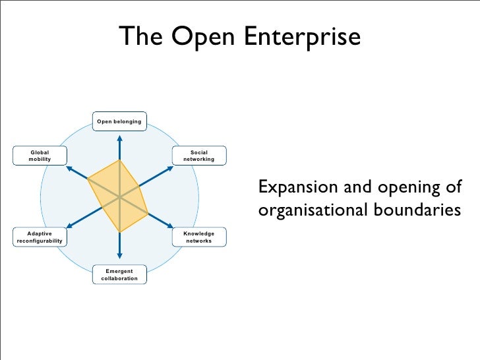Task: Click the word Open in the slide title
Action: point(205,37)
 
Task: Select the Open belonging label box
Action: point(119,122)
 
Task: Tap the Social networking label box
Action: point(198,156)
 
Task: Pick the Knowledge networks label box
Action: point(198,237)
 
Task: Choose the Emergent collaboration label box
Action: point(119,274)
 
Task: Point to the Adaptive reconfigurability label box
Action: point(40,237)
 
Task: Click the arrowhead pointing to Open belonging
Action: point(119,138)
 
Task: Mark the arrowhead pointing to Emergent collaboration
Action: point(119,255)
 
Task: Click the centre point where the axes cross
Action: point(119,196)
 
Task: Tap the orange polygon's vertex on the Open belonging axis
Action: point(119,160)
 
